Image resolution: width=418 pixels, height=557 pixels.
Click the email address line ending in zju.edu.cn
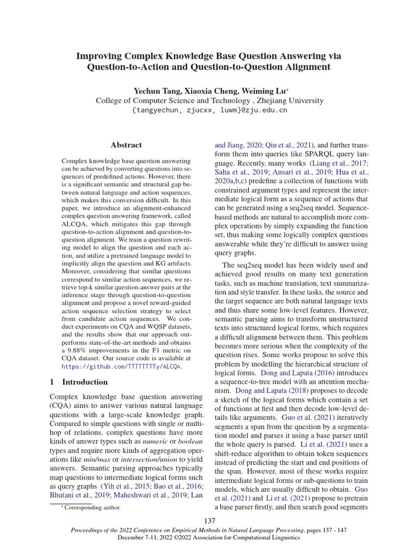(210, 110)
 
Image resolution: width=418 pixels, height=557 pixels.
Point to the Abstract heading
(126, 145)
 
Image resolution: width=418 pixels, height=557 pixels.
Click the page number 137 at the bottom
(209, 521)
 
